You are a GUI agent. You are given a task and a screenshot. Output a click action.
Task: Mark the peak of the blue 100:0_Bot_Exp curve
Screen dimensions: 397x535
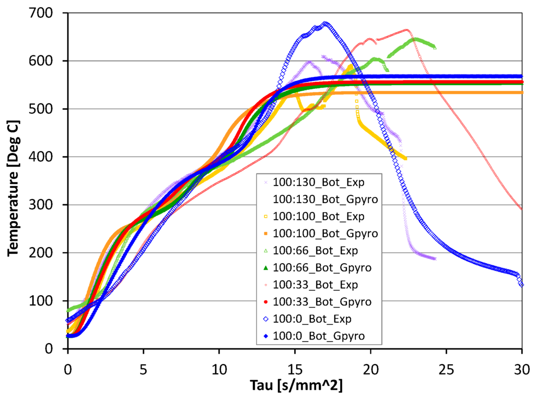[325, 23]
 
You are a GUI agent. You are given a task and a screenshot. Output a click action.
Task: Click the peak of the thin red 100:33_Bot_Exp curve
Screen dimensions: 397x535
[406, 30]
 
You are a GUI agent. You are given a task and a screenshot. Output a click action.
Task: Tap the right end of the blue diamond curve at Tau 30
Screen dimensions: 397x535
[521, 284]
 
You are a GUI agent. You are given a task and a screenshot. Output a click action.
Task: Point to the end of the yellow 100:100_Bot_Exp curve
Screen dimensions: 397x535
[405, 158]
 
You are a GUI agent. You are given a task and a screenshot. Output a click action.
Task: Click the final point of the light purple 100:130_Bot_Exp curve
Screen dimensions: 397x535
[435, 258]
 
